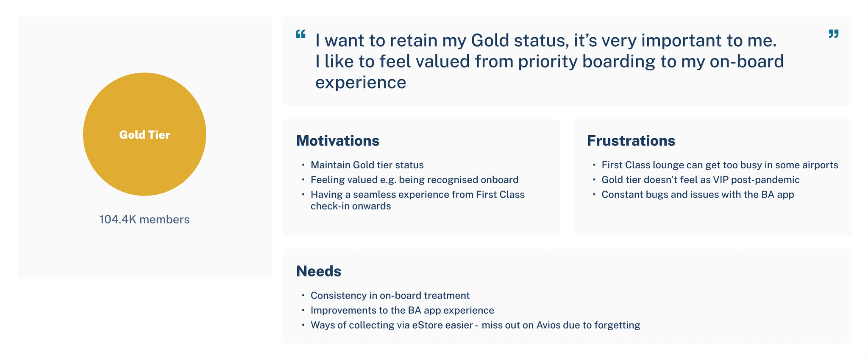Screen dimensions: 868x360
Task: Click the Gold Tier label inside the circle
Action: point(145,135)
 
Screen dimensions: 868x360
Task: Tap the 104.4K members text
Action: point(145,220)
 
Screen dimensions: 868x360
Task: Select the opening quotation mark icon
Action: point(300,34)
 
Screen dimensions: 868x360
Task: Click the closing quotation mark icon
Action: point(834,34)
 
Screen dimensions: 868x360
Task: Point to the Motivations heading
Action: point(338,141)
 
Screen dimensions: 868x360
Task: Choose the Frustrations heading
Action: point(631,141)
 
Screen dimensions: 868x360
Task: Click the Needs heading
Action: point(319,271)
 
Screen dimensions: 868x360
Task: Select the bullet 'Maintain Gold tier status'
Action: point(367,165)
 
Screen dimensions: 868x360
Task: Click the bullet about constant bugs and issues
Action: point(698,195)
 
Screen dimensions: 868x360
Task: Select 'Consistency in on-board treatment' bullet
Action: point(390,296)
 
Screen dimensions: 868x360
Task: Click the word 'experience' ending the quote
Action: point(361,83)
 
